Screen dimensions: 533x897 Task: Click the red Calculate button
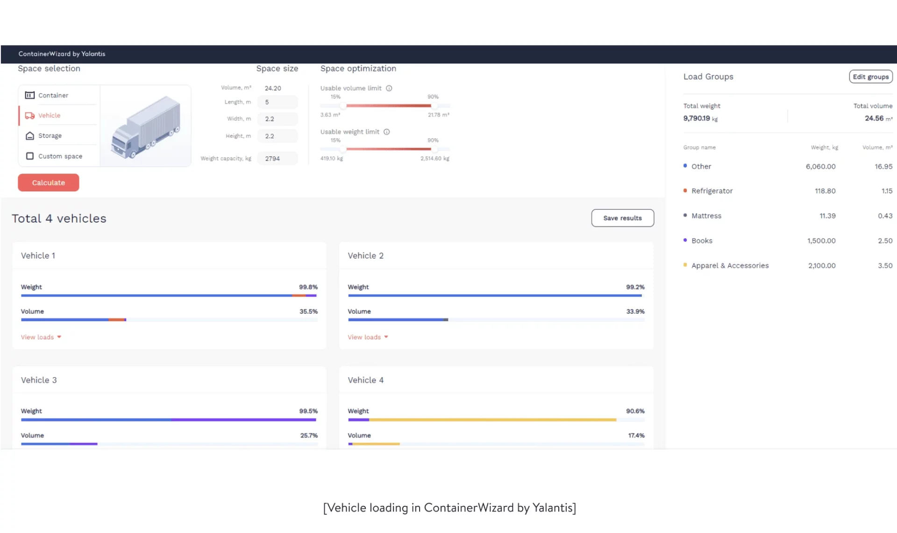48,182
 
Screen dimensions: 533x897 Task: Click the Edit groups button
870,77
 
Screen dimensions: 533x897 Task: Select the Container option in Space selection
53,95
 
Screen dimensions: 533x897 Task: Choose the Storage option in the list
50,136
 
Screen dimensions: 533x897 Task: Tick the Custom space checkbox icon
30,156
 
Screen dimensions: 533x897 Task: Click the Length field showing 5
278,102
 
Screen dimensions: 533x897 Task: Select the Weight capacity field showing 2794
278,159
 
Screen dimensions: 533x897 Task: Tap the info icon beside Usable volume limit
389,88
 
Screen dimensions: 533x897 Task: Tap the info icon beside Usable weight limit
386,132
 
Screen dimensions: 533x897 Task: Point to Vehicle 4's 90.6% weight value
635,411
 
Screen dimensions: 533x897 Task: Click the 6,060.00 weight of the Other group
820,167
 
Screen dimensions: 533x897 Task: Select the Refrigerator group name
712,191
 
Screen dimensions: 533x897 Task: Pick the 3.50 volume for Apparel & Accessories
885,266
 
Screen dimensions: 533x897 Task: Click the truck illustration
145,126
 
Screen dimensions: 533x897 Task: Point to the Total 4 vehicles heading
59,218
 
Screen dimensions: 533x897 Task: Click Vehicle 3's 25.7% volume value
308,435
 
